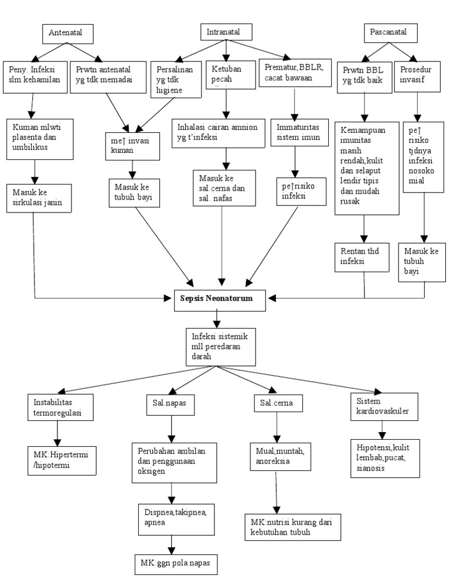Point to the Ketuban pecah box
(226, 75)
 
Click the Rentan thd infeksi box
(362, 256)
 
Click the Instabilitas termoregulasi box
(60, 406)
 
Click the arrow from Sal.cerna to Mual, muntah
(275, 428)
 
